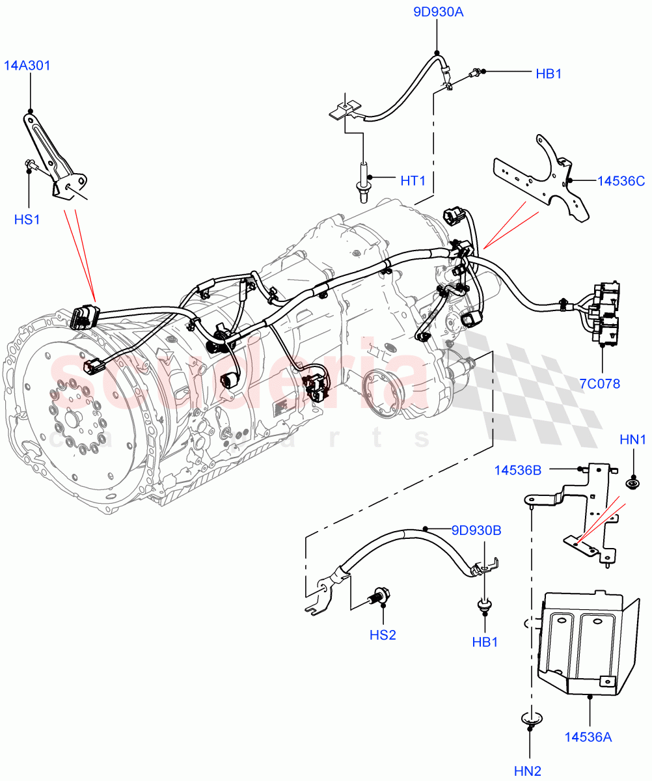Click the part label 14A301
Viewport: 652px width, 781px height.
tap(27, 66)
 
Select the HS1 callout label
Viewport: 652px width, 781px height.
tap(27, 220)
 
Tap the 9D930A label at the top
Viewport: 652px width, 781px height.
tap(438, 12)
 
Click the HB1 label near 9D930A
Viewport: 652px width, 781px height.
tap(549, 74)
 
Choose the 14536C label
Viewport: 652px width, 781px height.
tap(621, 180)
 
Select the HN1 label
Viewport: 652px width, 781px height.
tap(632, 441)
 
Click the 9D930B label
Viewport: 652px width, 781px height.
tap(476, 530)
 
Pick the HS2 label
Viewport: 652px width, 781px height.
tap(383, 635)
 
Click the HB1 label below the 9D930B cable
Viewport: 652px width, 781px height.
tap(485, 642)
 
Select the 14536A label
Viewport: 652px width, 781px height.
tap(588, 737)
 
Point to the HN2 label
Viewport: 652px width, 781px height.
tap(528, 771)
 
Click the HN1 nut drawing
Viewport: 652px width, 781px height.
tap(632, 483)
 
